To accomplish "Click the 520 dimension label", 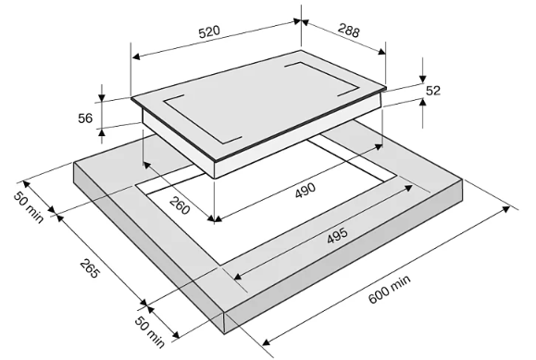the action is (209, 31).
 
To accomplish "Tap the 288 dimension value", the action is (349, 31).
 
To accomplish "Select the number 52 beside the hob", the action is (433, 91).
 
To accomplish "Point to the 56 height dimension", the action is (85, 118).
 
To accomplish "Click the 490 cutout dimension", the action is (305, 191).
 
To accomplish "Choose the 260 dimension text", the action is (180, 205).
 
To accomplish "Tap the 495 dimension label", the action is (337, 235).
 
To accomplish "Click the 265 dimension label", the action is (90, 268).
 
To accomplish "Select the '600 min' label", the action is (390, 290).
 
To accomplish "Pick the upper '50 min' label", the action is (29, 208).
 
